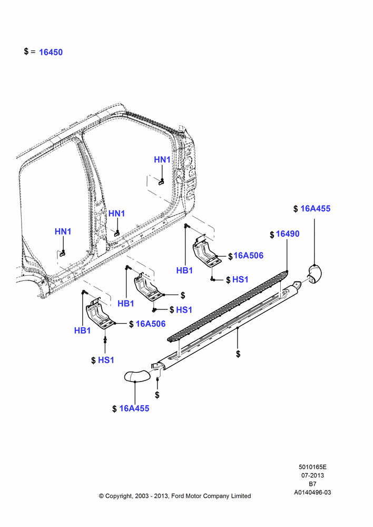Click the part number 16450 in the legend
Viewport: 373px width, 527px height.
pos(51,52)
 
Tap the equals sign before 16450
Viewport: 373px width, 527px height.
pos(33,52)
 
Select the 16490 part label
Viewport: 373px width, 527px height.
pos(287,233)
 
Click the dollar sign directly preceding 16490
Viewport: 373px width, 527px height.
pos(272,235)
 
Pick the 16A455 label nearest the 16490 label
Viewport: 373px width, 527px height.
pos(315,208)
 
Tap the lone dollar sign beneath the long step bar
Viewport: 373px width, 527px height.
pos(238,354)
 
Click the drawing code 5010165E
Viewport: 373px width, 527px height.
pos(312,467)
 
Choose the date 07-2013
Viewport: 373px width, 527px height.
pos(312,475)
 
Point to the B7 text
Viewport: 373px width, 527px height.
pos(312,484)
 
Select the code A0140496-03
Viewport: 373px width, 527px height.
pos(312,492)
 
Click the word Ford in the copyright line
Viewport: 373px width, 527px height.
pos(178,496)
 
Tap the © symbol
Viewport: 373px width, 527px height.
pos(101,496)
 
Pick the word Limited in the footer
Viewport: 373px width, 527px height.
pos(241,496)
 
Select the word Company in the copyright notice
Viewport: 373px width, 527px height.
pos(215,496)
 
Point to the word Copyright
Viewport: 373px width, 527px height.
pos(119,496)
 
